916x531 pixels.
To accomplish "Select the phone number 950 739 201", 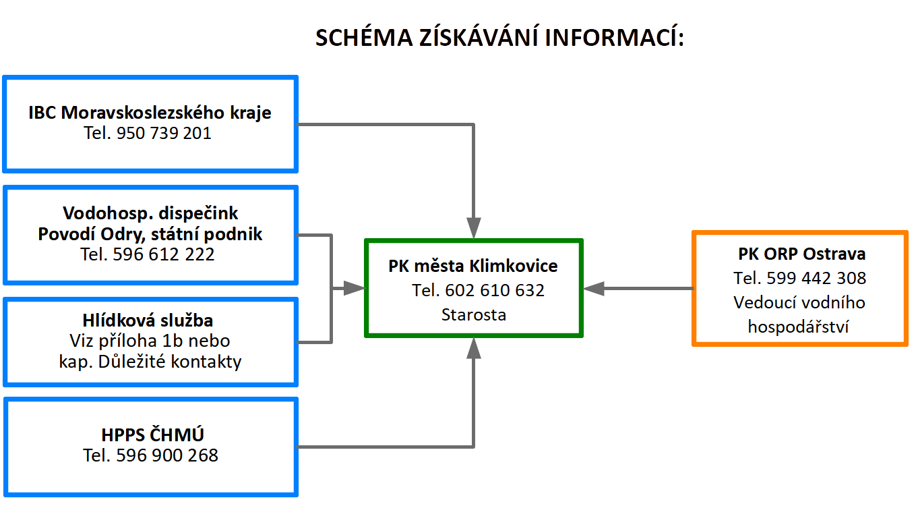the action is (164, 133).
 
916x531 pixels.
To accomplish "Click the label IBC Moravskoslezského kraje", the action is (150, 113).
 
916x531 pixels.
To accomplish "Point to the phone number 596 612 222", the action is (164, 254).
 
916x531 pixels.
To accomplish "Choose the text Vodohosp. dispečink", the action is (150, 213).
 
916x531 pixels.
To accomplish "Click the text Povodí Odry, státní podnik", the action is (150, 234).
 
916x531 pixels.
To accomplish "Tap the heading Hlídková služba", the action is (148, 320).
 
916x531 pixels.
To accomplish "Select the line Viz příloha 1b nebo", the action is (150, 341).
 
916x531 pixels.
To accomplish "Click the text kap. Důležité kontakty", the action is (150, 362).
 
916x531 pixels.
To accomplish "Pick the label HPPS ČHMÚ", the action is (152, 435).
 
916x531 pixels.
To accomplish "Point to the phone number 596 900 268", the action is (167, 455).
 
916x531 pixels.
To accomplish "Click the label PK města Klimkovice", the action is (472, 266).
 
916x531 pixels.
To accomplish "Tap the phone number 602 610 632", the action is (495, 290).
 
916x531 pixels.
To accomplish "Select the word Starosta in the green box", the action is (474, 314).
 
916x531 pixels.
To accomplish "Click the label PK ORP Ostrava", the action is (801, 254).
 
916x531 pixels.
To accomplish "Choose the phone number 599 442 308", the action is (816, 278).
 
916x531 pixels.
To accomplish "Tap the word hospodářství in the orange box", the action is (798, 327).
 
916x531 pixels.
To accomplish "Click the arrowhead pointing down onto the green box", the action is (474, 227).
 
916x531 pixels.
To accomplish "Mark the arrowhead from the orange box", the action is (594, 288).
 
